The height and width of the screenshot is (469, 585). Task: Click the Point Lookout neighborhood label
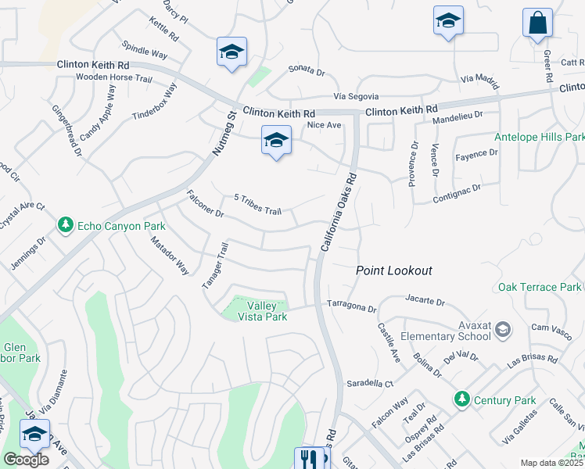(393, 270)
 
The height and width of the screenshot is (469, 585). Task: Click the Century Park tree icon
(462, 399)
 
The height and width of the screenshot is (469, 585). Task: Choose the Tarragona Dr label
(351, 306)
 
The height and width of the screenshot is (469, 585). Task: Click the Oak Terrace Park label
(540, 288)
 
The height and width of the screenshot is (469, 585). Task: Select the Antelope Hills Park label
(539, 138)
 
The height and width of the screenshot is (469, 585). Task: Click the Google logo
(26, 460)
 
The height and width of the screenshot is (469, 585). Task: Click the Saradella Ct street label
(368, 384)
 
